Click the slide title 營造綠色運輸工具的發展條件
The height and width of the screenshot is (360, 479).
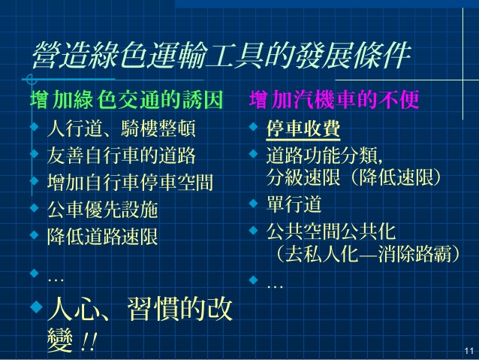(221, 55)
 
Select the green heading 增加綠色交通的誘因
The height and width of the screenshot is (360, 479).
(126, 99)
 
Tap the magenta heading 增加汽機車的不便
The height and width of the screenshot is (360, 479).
(334, 99)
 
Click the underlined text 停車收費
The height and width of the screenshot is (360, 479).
(303, 129)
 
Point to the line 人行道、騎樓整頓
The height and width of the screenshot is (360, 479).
(122, 129)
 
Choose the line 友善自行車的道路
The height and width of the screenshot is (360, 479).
(122, 156)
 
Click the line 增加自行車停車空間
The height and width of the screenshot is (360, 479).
(130, 183)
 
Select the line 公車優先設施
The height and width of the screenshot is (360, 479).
(103, 210)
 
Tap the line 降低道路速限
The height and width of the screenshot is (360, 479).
(103, 237)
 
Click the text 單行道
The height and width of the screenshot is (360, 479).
(294, 204)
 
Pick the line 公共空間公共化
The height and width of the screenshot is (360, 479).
(331, 231)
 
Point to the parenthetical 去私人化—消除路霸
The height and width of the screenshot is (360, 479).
(367, 254)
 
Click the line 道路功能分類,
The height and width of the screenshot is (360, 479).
(324, 156)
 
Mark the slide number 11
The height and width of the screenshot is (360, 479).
(469, 351)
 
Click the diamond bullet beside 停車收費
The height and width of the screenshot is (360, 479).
(253, 126)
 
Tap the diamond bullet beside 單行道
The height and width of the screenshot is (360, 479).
(253, 203)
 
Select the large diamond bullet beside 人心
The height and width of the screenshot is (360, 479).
(37, 307)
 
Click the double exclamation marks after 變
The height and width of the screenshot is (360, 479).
(89, 341)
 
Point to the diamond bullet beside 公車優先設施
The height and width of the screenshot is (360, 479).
(35, 208)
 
